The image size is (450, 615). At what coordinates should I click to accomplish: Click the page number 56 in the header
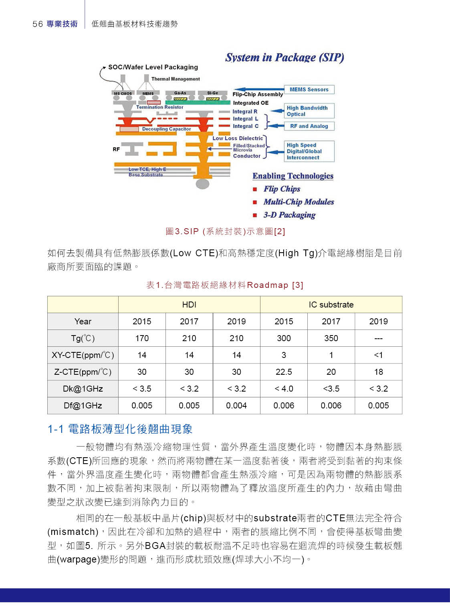pos(37,24)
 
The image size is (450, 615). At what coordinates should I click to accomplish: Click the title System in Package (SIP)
pos(285,57)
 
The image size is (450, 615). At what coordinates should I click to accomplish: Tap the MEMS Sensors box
pos(309,89)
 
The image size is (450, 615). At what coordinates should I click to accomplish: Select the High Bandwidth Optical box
pos(309,111)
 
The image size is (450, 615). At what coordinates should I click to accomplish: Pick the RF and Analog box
pos(309,126)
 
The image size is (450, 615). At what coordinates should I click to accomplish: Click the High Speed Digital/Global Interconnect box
pos(309,151)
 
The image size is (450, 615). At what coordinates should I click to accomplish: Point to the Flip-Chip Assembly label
pos(258,94)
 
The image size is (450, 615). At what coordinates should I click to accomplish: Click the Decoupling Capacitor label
pos(166,129)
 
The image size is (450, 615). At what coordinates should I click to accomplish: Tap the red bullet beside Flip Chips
pos(255,189)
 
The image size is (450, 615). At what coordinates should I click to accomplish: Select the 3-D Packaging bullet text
pos(289,215)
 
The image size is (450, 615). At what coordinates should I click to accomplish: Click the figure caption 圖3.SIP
pos(225,231)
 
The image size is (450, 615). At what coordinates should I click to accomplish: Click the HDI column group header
pos(189,305)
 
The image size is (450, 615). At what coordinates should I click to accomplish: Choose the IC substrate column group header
pos(331,305)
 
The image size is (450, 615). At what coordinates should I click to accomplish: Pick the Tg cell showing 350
pos(331,338)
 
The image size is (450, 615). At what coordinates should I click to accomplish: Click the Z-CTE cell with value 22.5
pos(284,372)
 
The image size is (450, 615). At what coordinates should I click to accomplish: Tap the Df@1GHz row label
pos(83,406)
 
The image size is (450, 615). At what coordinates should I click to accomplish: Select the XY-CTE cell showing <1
pos(378,355)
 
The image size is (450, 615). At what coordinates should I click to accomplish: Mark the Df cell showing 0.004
pos(236,406)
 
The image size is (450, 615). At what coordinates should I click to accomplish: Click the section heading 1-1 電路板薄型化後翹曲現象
pos(120,429)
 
